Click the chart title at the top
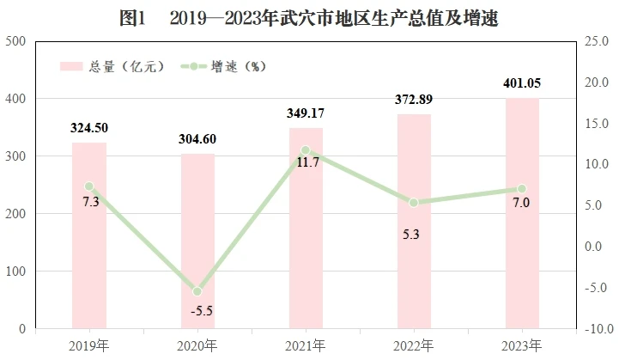309,18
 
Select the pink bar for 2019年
89,235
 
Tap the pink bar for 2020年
197,241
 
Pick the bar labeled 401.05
522,213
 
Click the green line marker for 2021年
306,150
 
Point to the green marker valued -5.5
197,291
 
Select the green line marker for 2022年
414,203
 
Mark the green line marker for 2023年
522,188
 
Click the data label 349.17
306,113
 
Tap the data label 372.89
414,99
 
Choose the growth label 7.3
91,202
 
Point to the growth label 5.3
411,235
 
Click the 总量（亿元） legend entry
112,66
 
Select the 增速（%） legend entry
223,66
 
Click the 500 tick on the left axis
15,41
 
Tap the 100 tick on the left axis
15,272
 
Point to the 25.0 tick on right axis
597,41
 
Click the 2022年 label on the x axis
413,346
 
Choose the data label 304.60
197,139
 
